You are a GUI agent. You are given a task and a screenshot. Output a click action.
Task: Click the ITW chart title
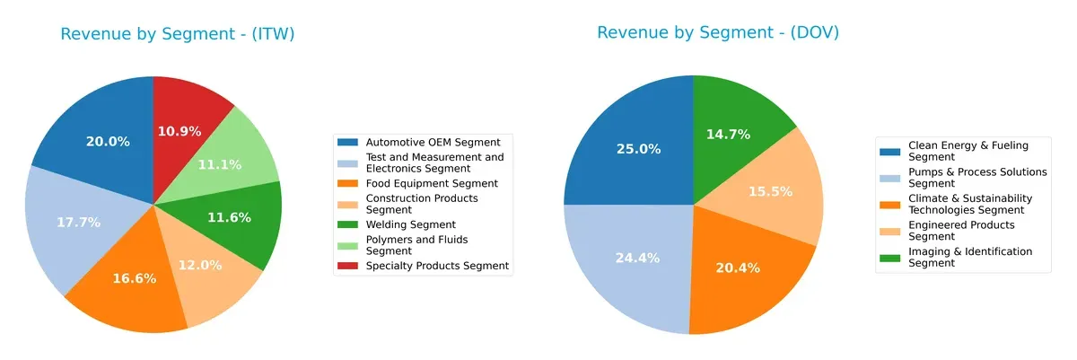(x=177, y=34)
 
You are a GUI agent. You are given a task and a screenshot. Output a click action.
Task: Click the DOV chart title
(x=718, y=33)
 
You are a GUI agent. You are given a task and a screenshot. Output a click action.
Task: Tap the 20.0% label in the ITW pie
(x=108, y=142)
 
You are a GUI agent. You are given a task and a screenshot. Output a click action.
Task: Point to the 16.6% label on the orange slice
(x=135, y=278)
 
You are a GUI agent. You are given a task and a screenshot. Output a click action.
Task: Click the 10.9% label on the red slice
(x=179, y=131)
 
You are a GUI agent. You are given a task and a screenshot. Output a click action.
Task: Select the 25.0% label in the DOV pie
(x=639, y=149)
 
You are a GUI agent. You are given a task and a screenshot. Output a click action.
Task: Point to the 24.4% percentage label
(x=637, y=258)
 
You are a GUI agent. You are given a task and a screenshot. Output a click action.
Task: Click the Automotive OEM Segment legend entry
(x=433, y=142)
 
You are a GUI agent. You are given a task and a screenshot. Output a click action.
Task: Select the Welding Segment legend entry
(x=411, y=224)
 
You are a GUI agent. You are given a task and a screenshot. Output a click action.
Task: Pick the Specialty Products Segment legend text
(x=437, y=266)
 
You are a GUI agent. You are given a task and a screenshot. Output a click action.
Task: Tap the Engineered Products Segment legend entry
(x=961, y=231)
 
